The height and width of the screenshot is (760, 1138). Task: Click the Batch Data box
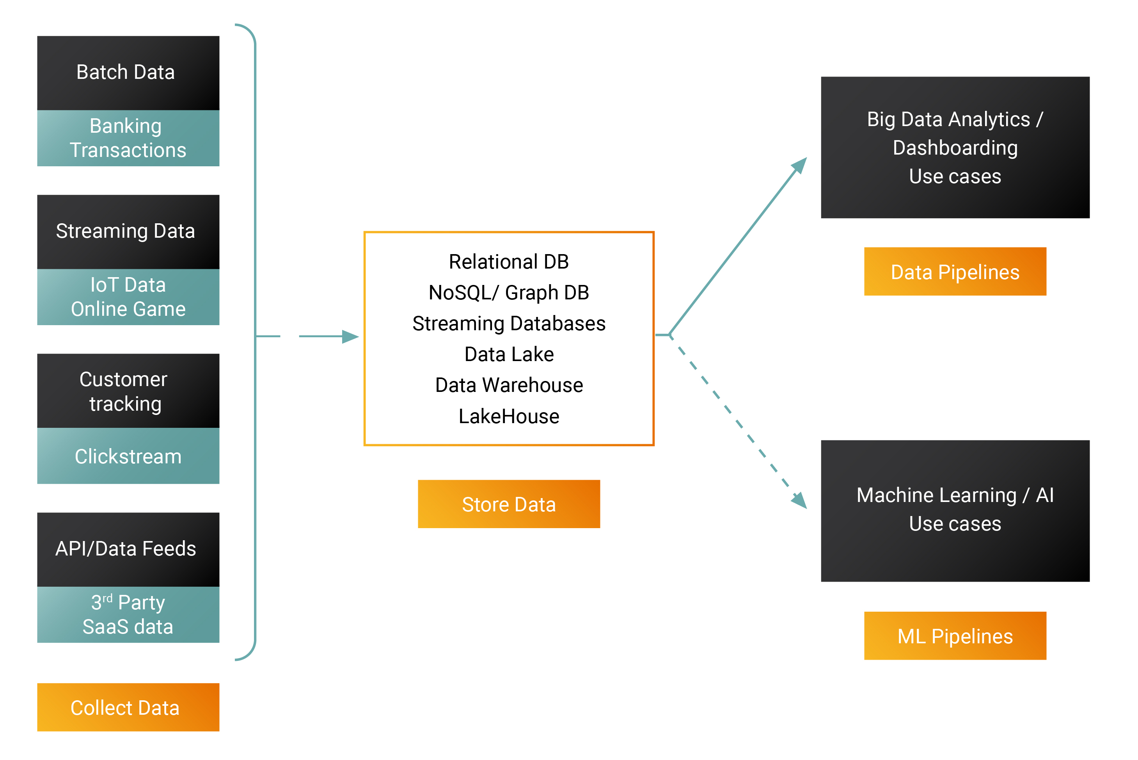128,73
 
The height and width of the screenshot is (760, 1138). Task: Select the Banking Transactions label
128,138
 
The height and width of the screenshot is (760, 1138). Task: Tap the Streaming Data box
128,232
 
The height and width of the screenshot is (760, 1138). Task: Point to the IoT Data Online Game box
128,297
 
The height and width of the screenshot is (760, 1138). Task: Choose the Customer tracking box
128,391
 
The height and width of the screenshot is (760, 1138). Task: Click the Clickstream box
128,456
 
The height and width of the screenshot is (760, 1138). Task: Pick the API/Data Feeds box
128,549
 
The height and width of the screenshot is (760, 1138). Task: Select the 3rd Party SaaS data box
128,614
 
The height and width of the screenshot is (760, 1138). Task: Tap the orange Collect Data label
128,707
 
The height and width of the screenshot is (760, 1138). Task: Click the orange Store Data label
509,504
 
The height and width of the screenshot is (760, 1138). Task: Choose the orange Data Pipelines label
955,271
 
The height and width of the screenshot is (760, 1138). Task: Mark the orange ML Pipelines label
955,636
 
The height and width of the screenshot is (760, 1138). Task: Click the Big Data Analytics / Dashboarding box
955,147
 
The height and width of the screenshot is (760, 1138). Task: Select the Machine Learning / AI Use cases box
955,511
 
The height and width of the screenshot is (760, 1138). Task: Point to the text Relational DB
509,262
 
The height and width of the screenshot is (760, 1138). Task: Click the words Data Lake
509,354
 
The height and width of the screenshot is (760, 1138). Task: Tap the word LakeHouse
509,416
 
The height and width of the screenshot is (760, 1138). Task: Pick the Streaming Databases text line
509,323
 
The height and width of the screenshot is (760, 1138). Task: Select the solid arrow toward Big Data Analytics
737,247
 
